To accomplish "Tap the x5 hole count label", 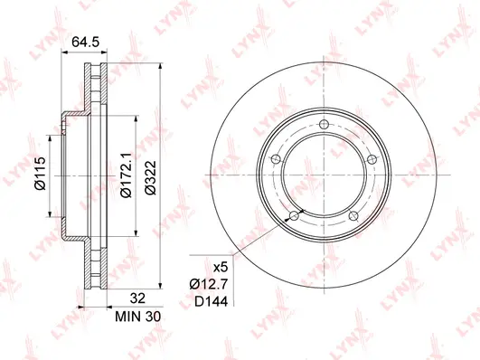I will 217,269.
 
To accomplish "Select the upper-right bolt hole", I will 371,158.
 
